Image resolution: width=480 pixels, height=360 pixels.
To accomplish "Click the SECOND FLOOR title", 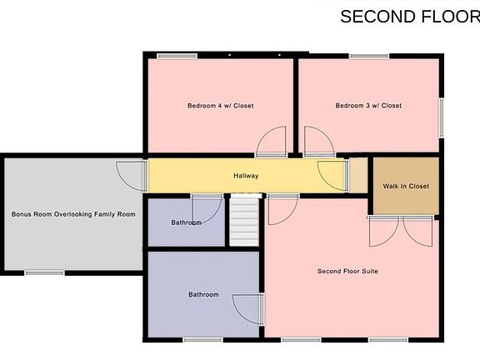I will click(x=409, y=17).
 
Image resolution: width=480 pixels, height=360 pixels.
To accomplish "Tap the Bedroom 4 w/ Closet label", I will click(x=220, y=106).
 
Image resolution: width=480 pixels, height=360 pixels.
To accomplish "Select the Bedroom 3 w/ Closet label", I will click(x=368, y=106).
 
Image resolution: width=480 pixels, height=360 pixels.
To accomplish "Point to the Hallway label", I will click(x=246, y=176).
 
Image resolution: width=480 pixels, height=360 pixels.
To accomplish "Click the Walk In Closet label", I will click(x=406, y=186).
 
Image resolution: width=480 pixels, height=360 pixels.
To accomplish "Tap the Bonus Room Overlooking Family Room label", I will click(x=73, y=214).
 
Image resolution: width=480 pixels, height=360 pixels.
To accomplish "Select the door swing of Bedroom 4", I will click(x=272, y=142).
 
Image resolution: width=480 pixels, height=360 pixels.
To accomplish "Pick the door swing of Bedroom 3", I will click(x=317, y=142).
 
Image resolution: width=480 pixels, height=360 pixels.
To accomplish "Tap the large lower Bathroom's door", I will click(x=247, y=310).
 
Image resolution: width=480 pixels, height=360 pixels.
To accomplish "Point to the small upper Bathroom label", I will click(x=186, y=222).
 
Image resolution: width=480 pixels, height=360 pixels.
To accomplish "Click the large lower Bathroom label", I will click(x=203, y=294).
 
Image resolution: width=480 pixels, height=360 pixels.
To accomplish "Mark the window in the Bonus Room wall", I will click(x=44, y=272).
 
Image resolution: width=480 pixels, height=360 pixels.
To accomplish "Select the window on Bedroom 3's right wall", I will click(x=442, y=114).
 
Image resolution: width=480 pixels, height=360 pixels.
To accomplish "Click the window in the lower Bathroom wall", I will click(x=202, y=339).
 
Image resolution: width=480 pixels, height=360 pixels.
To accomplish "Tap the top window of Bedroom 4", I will click(x=172, y=57).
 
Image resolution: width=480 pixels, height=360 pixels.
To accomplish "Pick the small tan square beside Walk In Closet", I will click(x=357, y=176).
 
